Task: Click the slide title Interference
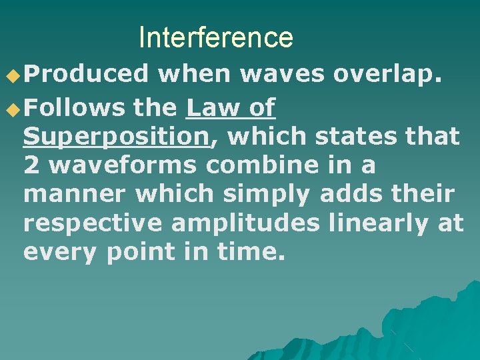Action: (x=215, y=37)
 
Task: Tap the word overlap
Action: (x=387, y=75)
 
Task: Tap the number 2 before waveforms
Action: (x=31, y=165)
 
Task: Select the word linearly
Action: (x=381, y=224)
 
